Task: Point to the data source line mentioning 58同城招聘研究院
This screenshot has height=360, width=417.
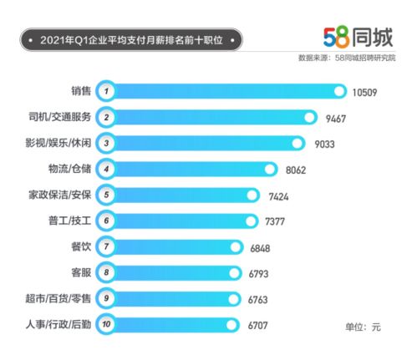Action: [x=347, y=58]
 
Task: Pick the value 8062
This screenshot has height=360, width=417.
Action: [x=298, y=170]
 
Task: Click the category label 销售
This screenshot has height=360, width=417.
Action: [x=81, y=90]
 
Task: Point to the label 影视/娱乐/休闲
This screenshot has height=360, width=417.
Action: [x=56, y=142]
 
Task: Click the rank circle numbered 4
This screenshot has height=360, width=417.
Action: [x=106, y=170]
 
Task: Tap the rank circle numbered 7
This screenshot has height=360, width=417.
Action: [x=106, y=247]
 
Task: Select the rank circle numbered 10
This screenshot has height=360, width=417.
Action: [x=106, y=324]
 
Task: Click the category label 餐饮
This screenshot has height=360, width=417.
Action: [x=81, y=246]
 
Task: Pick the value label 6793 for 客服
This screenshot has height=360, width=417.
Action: [x=262, y=273]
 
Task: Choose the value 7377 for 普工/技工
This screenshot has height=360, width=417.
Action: [x=279, y=221]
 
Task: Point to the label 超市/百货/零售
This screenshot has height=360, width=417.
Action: [x=56, y=297]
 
